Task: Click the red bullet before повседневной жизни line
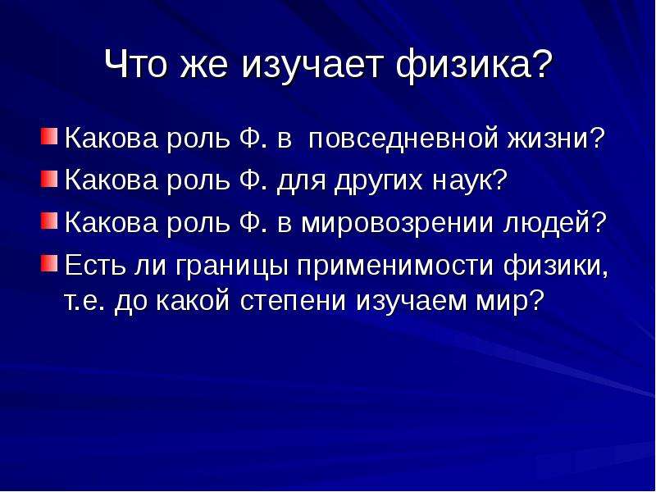pyautogui.click(x=49, y=136)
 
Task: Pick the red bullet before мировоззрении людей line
pyautogui.click(x=49, y=221)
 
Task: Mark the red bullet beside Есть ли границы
pyautogui.click(x=49, y=263)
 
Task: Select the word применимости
pyautogui.click(x=395, y=266)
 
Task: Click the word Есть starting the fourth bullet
pyautogui.click(x=95, y=265)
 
